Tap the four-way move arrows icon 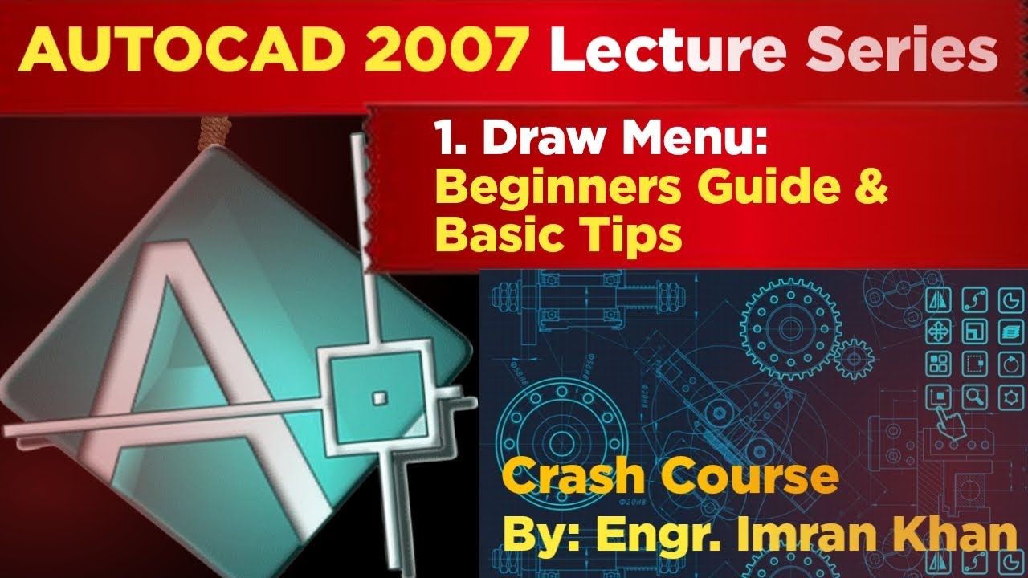(938, 330)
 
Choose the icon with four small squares (938, 363)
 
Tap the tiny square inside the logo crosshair (379, 396)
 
